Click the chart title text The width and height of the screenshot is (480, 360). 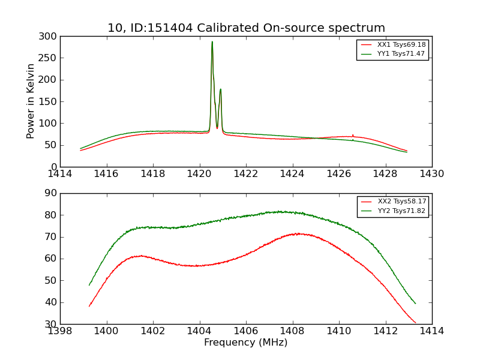[246, 28]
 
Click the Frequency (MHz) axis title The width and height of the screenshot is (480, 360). [245, 343]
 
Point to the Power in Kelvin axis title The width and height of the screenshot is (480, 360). [31, 101]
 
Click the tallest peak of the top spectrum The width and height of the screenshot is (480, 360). [212, 42]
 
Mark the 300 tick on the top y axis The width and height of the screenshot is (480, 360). [50, 37]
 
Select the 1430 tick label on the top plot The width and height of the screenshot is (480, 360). [431, 174]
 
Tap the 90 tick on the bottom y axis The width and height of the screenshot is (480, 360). [52, 193]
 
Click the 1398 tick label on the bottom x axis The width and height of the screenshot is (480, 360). [60, 331]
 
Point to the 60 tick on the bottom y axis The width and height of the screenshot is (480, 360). [52, 259]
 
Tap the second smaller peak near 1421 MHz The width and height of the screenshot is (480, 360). [220, 89]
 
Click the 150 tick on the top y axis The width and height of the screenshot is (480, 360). [50, 101]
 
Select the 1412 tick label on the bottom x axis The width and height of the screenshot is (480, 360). [385, 331]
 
